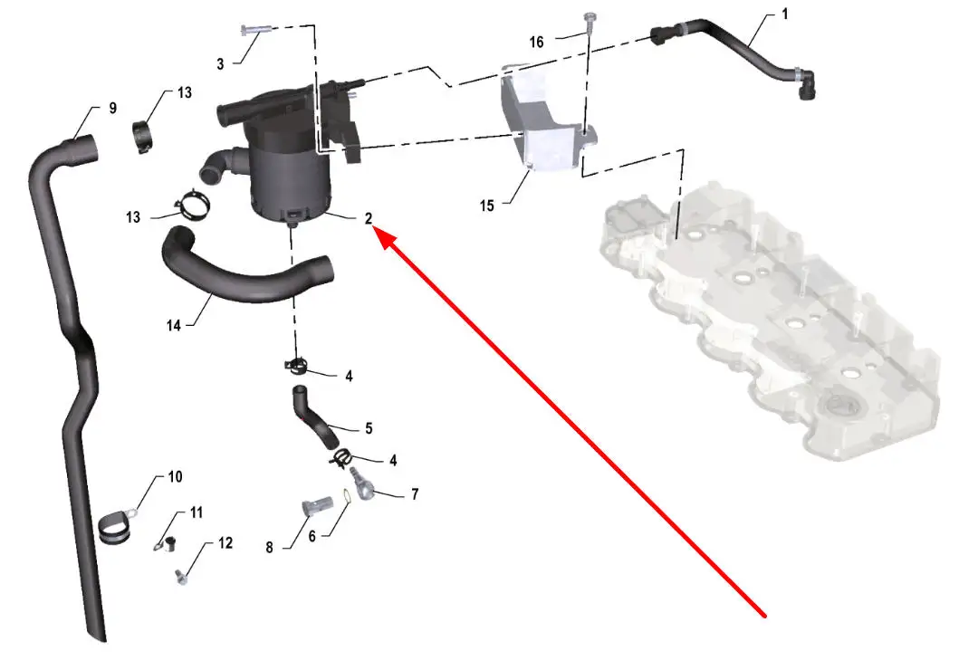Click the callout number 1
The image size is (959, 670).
pyautogui.click(x=785, y=14)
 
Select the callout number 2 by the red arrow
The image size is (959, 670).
pyautogui.click(x=369, y=218)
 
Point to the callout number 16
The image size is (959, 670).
pyautogui.click(x=536, y=43)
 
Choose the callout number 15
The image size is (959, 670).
pyautogui.click(x=487, y=206)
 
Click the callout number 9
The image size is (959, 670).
pyautogui.click(x=112, y=109)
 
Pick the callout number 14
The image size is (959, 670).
pyautogui.click(x=174, y=326)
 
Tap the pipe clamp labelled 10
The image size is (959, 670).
pyautogui.click(x=116, y=526)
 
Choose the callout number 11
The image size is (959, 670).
pyautogui.click(x=197, y=512)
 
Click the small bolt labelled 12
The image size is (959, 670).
pyautogui.click(x=180, y=576)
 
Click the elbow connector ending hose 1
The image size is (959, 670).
pyautogui.click(x=804, y=84)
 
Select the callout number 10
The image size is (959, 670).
pyautogui.click(x=175, y=476)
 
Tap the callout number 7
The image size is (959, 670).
pyautogui.click(x=415, y=493)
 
